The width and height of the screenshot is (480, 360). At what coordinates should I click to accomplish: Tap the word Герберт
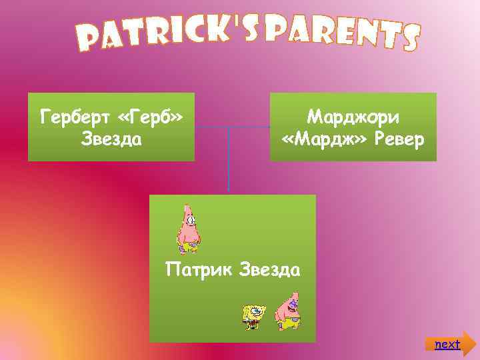(x=74, y=117)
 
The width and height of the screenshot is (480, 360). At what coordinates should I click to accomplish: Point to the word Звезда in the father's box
(x=112, y=139)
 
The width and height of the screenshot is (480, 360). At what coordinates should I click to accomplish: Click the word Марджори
(x=353, y=117)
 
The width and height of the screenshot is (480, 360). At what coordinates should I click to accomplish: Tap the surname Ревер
(x=396, y=139)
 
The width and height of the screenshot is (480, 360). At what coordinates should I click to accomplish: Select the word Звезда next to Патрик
(x=268, y=271)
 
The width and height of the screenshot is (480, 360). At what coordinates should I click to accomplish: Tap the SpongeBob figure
(x=253, y=315)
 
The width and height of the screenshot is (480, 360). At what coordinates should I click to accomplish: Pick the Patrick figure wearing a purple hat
(x=287, y=312)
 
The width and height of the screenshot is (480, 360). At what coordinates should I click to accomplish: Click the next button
(x=448, y=344)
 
